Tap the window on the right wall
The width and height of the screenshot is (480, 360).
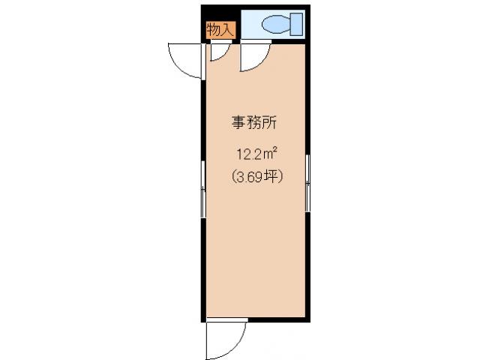(x=307, y=184)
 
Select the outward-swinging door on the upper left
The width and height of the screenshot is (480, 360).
(x=187, y=60)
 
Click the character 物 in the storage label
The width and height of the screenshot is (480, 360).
(x=214, y=30)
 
